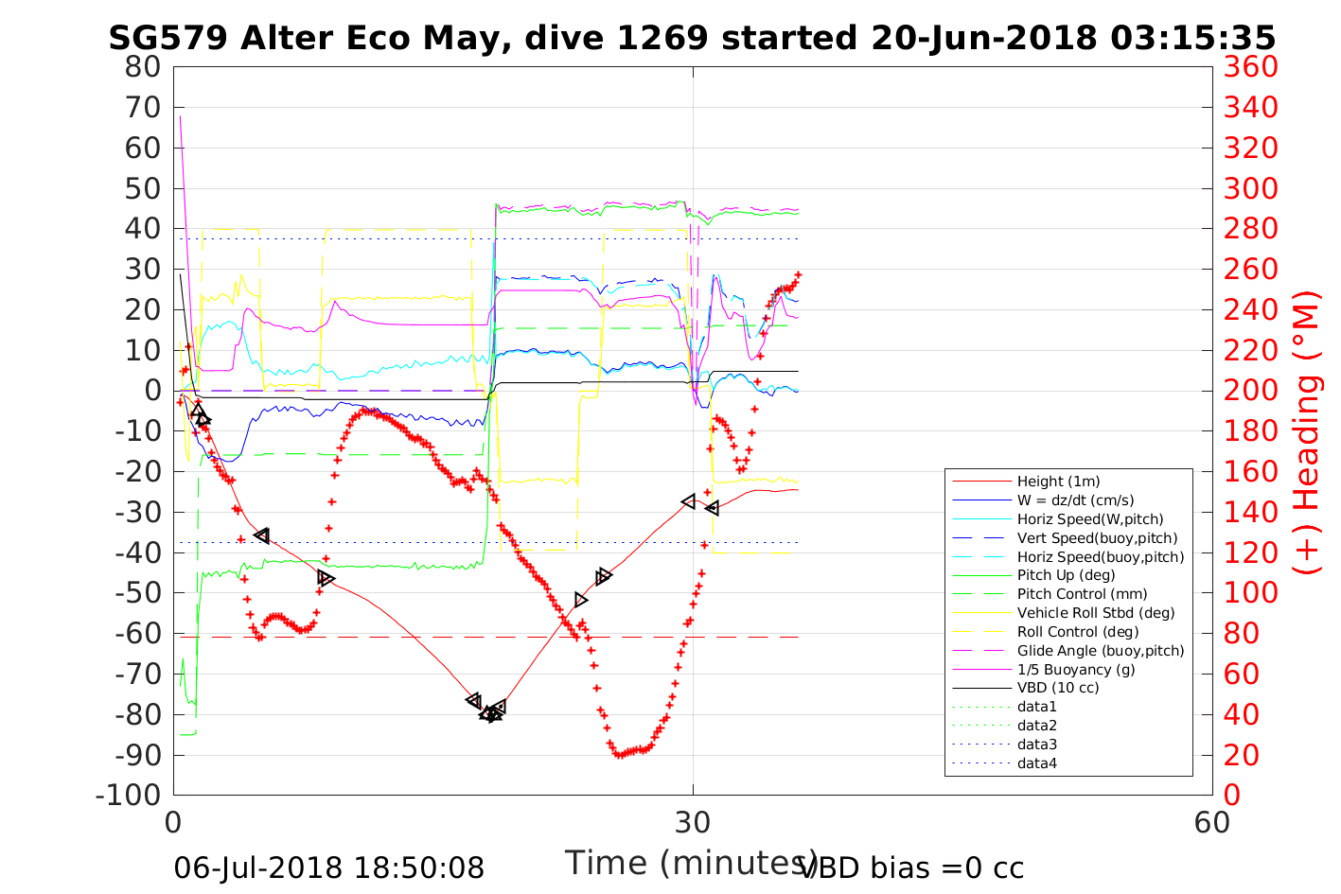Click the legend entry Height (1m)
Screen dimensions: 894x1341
[1058, 482]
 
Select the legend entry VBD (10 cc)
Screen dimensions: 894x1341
[1058, 688]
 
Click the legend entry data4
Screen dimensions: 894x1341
[1036, 763]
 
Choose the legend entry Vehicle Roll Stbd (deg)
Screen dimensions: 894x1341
[1096, 613]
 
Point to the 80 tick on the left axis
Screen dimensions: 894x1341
[143, 67]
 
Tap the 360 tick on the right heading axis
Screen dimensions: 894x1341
[1250, 67]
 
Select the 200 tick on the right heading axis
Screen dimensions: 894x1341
[1250, 391]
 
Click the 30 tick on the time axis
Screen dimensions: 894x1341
[693, 822]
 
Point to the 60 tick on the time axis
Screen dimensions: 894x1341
[1211, 822]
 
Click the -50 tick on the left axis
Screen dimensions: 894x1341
[138, 593]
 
